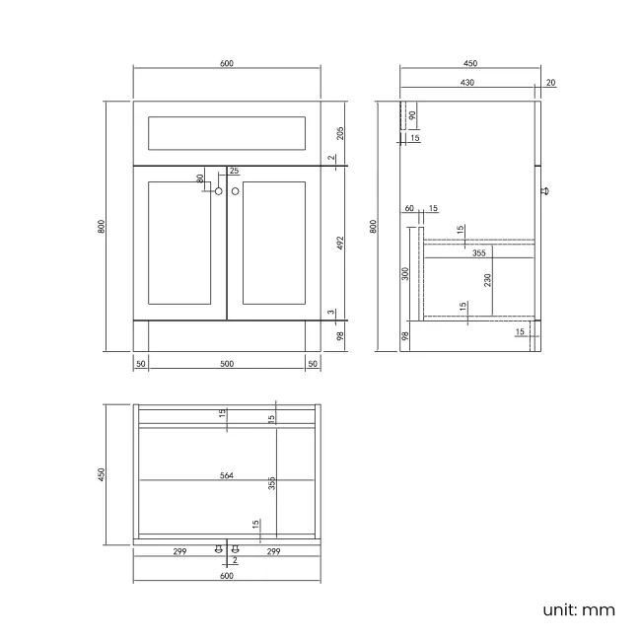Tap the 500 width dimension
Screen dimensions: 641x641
227,364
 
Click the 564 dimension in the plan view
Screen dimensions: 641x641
227,475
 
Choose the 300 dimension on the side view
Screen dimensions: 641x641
405,273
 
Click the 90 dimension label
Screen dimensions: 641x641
412,114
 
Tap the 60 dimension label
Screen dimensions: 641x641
408,208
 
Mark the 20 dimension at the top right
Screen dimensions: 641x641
549,83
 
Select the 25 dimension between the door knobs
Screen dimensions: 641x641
234,171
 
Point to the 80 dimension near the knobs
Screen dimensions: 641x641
200,178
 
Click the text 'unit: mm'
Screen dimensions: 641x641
578,609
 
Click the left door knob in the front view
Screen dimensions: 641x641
218,191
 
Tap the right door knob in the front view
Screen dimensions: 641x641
236,191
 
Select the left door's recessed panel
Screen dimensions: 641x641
179,243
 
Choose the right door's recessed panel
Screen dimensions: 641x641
274,243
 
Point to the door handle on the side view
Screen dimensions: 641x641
544,191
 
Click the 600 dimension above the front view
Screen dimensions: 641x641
227,63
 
